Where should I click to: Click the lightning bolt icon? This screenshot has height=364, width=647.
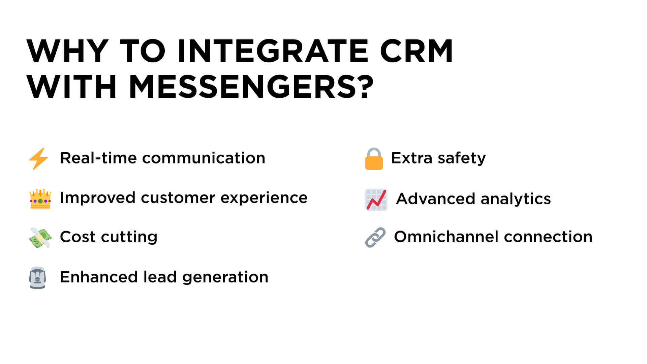coord(39,158)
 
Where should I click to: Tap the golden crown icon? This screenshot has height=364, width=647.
coord(40,199)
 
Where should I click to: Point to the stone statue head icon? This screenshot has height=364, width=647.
coord(37,278)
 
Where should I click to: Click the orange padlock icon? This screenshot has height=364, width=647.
coord(374,159)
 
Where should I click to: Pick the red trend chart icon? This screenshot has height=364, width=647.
coord(376,200)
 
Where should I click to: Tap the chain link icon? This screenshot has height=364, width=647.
coord(375,237)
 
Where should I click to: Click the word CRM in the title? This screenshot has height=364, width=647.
coord(416,51)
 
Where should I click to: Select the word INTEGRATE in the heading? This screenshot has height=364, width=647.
coord(273,51)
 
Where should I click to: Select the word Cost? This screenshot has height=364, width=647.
coord(78,237)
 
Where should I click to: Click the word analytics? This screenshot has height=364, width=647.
coord(516,199)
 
